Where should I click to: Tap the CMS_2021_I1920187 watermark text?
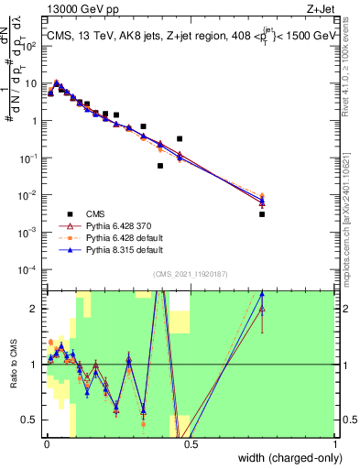pos(190,274)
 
